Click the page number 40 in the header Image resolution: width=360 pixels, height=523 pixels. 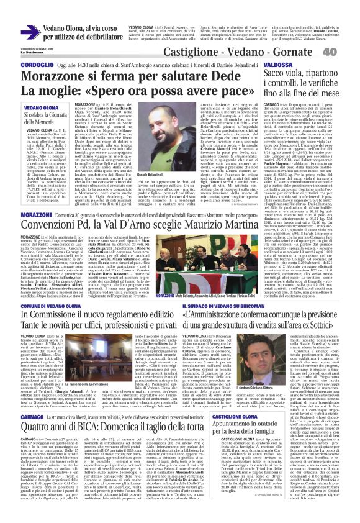[346, 52]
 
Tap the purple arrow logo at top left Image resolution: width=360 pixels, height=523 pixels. [30, 31]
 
